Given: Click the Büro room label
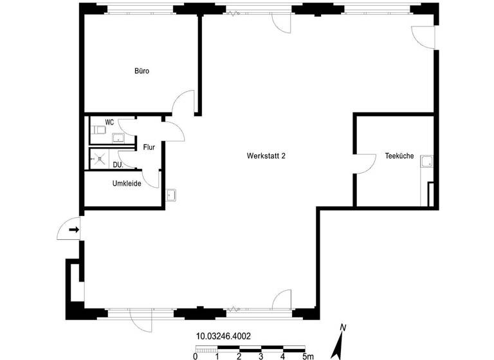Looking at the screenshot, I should click(142, 71).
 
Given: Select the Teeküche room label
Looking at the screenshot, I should click(399, 156).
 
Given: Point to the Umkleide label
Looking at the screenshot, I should click(127, 183).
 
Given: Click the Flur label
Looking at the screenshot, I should click(149, 147).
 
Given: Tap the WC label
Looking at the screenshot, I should click(109, 122).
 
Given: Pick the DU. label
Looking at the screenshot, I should click(118, 165).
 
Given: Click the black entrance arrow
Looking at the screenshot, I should click(74, 230).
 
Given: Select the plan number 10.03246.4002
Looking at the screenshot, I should click(223, 336).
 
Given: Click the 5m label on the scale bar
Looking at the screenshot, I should click(307, 355).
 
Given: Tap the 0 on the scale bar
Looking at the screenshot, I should click(195, 355).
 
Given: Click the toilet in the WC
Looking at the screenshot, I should click(97, 131).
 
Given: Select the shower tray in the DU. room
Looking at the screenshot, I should click(99, 158).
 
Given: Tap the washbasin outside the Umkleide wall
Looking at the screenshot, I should click(170, 195).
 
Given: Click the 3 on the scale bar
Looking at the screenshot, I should click(261, 355).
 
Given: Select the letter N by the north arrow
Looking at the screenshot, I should click(343, 328).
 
